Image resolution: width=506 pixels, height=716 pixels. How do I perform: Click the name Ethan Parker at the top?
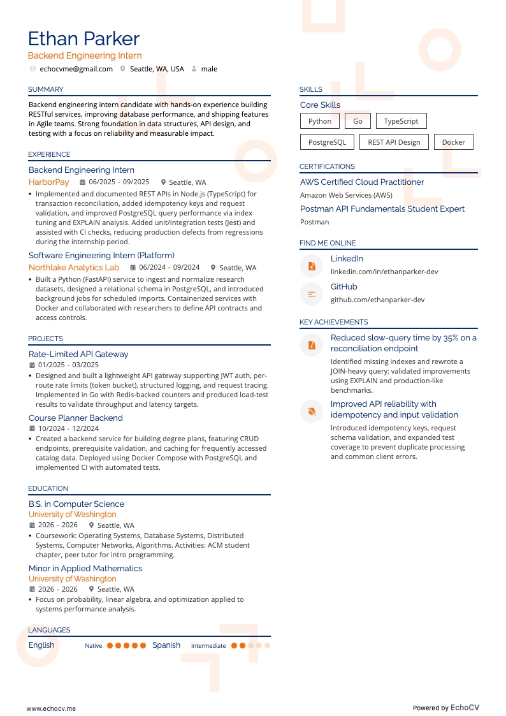[x=83, y=39]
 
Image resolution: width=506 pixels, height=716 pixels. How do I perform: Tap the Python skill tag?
[x=319, y=121]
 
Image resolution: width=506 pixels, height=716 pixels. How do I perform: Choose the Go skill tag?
[x=358, y=121]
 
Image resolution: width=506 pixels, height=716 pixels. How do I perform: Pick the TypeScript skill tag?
[x=401, y=121]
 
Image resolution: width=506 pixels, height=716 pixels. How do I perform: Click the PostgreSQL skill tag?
[x=327, y=142]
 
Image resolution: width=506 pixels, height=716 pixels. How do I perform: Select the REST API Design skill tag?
[x=394, y=142]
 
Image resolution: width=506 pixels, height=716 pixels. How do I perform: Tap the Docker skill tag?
[x=453, y=142]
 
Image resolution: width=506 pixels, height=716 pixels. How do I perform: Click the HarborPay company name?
[x=48, y=182]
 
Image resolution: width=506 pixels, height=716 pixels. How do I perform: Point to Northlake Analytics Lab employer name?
[x=74, y=268]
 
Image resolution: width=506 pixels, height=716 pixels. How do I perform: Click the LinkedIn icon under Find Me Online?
[x=312, y=266]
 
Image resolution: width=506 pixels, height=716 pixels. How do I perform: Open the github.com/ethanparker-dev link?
[x=377, y=300]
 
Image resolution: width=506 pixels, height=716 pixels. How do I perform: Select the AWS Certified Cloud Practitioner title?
[x=362, y=182]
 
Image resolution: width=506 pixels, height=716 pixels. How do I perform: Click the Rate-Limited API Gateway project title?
[x=78, y=354]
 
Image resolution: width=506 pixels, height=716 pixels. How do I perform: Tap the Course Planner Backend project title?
[x=75, y=418]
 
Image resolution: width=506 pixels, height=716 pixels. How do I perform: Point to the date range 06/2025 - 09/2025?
[x=119, y=182]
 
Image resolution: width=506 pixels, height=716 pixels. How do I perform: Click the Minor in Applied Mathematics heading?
[x=85, y=569]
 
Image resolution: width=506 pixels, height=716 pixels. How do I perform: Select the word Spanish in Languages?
[x=166, y=645]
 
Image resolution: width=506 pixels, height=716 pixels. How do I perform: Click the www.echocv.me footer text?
[x=51, y=708]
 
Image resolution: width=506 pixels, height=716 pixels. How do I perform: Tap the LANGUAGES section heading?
[x=49, y=630]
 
